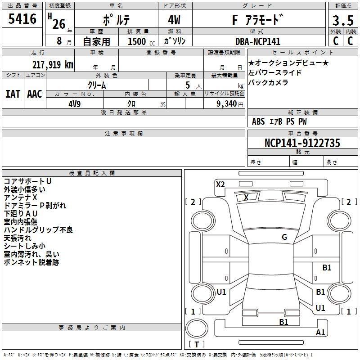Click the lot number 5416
[22, 19]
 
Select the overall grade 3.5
[343, 20]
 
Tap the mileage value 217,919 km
[53, 65]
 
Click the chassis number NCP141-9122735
[302, 143]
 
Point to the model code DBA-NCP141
[258, 41]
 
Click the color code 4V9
[75, 104]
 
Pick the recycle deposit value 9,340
[227, 104]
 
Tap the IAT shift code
[13, 94]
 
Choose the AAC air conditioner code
[35, 94]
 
